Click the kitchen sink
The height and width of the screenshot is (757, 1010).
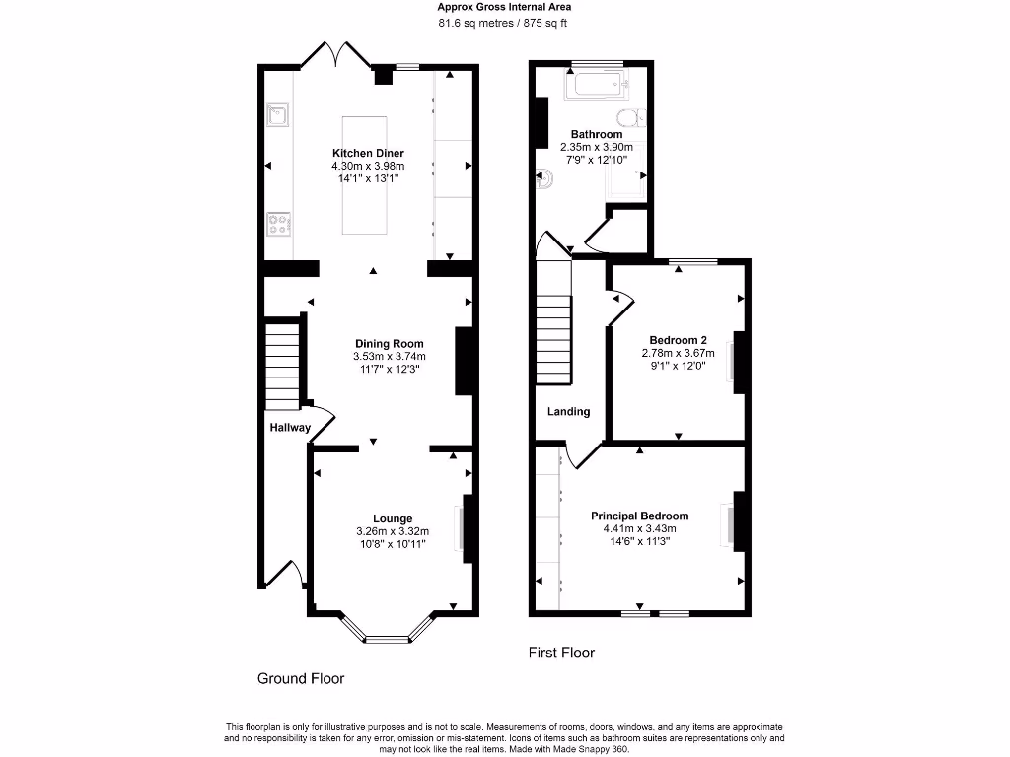(278, 116)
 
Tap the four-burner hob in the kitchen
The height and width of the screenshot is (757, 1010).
(278, 225)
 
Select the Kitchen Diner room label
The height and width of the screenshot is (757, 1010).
(367, 153)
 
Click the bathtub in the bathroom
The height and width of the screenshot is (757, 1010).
(596, 85)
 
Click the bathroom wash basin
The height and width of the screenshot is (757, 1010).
(545, 179)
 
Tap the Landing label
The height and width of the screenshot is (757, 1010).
(569, 411)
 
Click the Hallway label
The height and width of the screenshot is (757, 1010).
(290, 428)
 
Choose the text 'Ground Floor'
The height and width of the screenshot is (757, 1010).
(301, 678)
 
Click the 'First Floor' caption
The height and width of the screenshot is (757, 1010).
(561, 653)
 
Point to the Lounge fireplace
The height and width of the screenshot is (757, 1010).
(460, 526)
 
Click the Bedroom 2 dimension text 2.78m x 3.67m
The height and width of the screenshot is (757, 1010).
(676, 352)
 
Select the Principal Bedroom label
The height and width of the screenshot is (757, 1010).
(639, 516)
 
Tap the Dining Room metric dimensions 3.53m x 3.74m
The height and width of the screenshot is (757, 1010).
(389, 356)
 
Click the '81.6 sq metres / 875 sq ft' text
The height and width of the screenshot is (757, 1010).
(504, 23)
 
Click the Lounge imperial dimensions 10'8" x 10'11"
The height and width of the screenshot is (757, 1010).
(392, 543)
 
